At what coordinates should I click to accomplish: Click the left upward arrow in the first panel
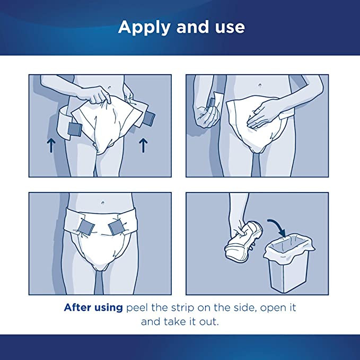point(51,145)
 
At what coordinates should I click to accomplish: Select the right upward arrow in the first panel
point(142,145)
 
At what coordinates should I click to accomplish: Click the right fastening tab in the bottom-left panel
point(116,229)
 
